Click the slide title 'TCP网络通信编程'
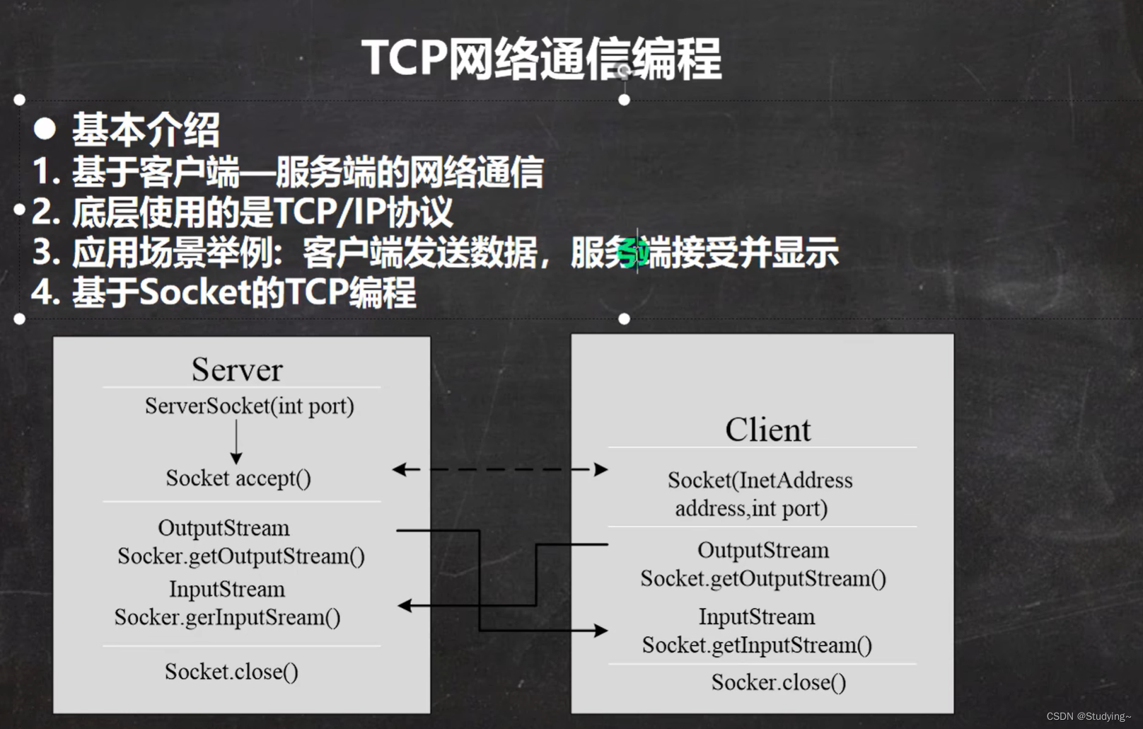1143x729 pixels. (x=541, y=58)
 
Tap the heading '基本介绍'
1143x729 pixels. (x=146, y=130)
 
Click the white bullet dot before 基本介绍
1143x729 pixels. (x=45, y=128)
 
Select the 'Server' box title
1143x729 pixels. (x=237, y=369)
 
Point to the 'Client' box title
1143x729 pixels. (x=767, y=430)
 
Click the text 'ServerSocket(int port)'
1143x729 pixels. (x=249, y=406)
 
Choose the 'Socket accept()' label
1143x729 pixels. (x=238, y=478)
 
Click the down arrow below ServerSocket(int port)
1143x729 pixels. (x=236, y=443)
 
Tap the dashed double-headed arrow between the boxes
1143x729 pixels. (x=500, y=469)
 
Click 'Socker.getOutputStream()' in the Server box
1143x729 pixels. (x=241, y=556)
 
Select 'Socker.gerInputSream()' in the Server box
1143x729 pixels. (x=227, y=617)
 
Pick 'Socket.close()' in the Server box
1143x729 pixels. (x=231, y=671)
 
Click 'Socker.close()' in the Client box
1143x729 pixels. (x=778, y=682)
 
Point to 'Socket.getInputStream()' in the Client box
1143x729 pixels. (x=757, y=645)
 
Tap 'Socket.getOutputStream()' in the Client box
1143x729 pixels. (x=763, y=579)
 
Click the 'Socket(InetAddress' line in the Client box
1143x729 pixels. (x=760, y=481)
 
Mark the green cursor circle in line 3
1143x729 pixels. (x=631, y=253)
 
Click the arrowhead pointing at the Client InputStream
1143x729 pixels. (x=600, y=631)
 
